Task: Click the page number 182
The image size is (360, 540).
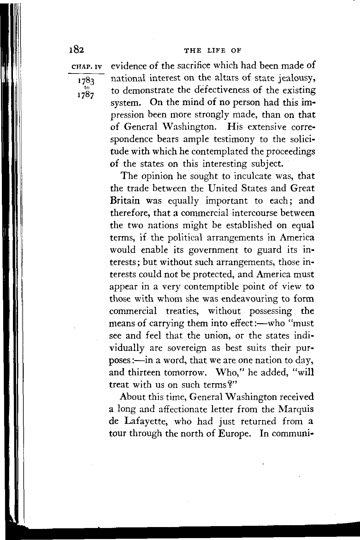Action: tap(76, 50)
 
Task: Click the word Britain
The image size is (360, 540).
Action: tap(126, 200)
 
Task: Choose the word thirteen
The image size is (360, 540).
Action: tap(145, 372)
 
